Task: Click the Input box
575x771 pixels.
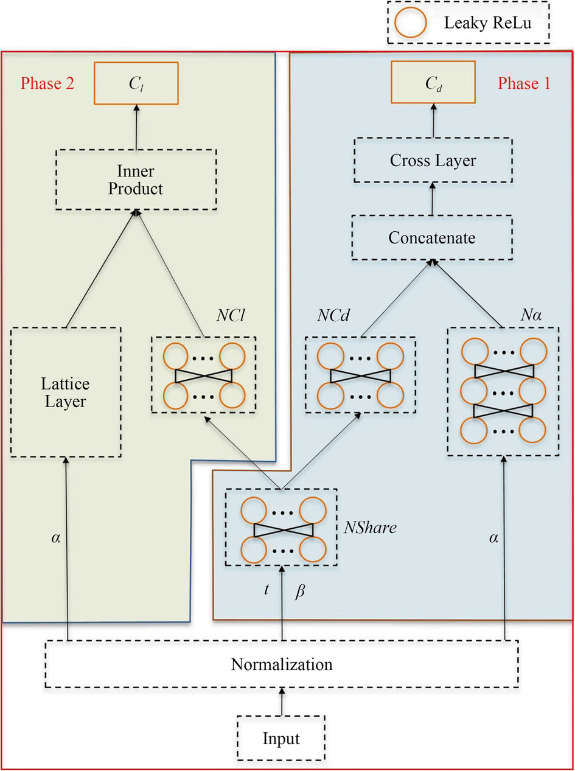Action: [x=281, y=738]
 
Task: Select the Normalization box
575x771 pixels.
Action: [x=282, y=665]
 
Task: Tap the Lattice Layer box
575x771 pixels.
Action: [x=66, y=392]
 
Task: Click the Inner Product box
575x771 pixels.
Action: [x=136, y=180]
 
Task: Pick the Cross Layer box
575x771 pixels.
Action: [x=433, y=160]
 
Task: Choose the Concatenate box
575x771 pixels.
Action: [x=431, y=238]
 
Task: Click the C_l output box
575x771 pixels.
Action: [x=136, y=83]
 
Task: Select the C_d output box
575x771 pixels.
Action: [x=433, y=82]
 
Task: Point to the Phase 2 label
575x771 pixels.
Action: [x=47, y=83]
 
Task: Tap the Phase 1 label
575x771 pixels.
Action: [x=524, y=83]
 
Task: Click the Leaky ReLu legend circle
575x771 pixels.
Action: [x=410, y=23]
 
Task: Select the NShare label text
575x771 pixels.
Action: [x=370, y=527]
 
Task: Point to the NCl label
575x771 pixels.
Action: [x=231, y=315]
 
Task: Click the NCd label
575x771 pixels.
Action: [x=333, y=315]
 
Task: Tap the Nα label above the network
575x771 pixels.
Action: [x=531, y=315]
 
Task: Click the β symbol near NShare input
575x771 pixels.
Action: [x=299, y=591]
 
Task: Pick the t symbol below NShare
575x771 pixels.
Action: [x=267, y=589]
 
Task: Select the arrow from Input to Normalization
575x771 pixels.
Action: [x=281, y=702]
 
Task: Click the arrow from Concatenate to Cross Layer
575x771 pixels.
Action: [x=433, y=199]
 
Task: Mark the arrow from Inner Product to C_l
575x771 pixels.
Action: [x=136, y=127]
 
